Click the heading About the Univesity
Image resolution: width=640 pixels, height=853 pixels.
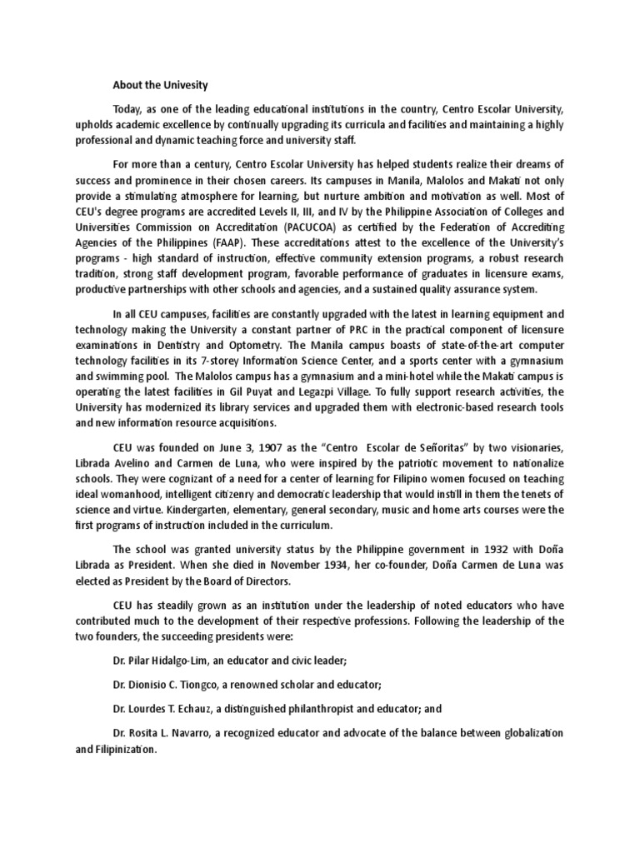click(x=160, y=85)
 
